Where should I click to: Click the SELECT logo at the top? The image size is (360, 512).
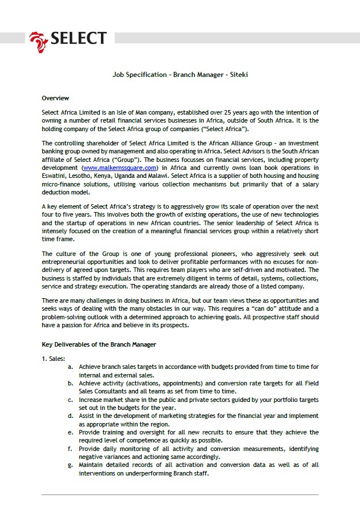68,38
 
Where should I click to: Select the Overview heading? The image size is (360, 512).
55,98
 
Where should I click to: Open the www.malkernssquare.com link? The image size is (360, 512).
119,168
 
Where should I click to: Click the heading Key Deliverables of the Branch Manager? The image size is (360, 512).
99,344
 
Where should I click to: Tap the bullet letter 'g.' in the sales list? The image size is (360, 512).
70,465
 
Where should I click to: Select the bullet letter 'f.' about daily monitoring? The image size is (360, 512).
70,448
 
